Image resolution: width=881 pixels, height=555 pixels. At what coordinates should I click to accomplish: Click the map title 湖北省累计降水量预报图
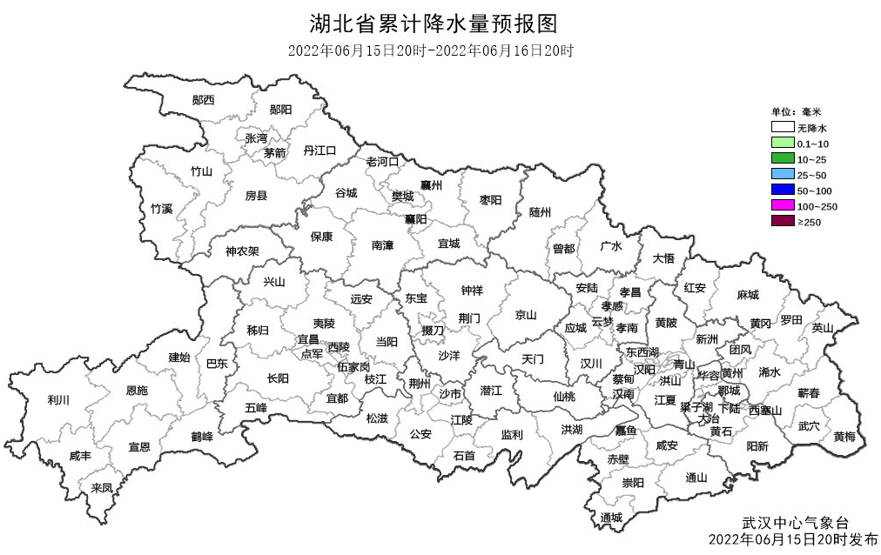(x=433, y=22)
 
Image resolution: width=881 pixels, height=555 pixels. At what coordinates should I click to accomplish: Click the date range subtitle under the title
(x=432, y=50)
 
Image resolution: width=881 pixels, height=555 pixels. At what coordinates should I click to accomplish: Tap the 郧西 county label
(x=204, y=100)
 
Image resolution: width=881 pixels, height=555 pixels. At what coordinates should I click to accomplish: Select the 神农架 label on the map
(x=242, y=251)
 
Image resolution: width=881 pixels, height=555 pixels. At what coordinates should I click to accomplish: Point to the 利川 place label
(x=58, y=400)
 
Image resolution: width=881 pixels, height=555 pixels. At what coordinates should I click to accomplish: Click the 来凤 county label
(x=102, y=488)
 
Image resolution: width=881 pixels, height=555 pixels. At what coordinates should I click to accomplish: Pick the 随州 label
(x=541, y=212)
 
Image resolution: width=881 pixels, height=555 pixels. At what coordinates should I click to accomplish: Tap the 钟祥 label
(x=472, y=290)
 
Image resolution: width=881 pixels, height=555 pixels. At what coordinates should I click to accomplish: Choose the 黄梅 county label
(x=844, y=436)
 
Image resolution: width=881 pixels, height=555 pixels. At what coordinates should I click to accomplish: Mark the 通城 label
(x=611, y=518)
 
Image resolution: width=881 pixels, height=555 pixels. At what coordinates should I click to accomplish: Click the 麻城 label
(x=747, y=295)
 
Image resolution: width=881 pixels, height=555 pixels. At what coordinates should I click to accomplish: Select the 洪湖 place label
(x=572, y=429)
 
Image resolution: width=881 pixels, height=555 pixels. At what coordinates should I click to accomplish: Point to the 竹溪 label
(x=161, y=209)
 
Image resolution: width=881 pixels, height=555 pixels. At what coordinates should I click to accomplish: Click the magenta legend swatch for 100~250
(x=783, y=206)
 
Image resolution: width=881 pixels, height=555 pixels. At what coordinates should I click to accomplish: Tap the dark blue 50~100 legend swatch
(x=783, y=191)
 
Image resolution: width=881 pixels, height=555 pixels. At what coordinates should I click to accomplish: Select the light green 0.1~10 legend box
(x=783, y=144)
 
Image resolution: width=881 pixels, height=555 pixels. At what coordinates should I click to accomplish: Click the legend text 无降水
(x=811, y=128)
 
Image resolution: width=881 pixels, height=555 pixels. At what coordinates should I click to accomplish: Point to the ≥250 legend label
(x=810, y=222)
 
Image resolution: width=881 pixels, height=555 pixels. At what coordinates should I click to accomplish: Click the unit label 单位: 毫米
(x=797, y=112)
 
